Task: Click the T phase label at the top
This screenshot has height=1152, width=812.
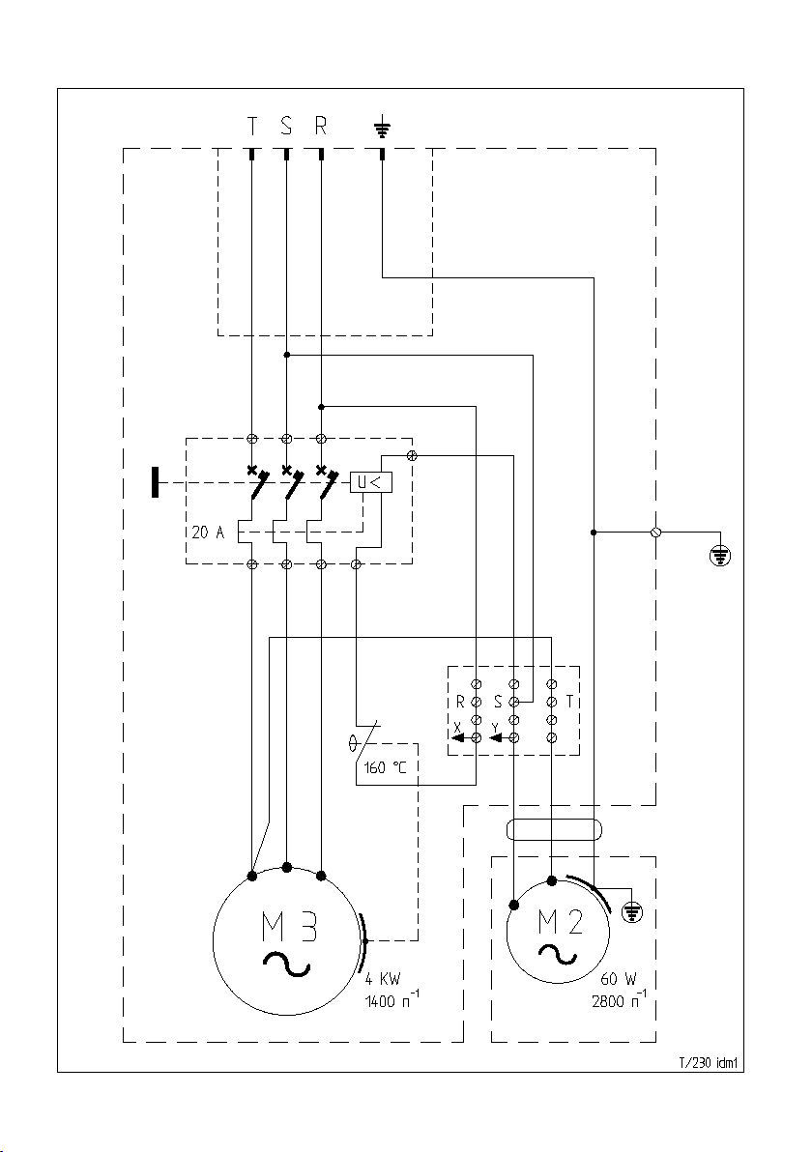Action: pos(251,128)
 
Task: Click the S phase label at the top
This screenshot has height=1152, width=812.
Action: pos(286,128)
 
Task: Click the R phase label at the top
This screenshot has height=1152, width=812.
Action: pos(320,128)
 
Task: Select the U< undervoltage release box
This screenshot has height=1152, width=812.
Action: pos(371,482)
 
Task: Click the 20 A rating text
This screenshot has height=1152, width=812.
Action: pos(208,532)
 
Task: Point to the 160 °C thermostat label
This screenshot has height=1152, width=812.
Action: pos(385,768)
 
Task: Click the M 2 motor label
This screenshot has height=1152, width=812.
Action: pos(560,921)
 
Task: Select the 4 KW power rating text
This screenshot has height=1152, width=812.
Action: pos(384,979)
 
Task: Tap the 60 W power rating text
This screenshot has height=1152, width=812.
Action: pos(619,979)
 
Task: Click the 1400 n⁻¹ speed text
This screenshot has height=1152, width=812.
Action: pos(392,1000)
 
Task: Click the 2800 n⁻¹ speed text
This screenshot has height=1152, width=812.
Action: pos(619,1000)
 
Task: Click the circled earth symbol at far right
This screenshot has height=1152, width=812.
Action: pos(720,556)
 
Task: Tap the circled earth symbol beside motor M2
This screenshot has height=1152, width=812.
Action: pos(631,913)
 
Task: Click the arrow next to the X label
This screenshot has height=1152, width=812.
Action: pos(461,737)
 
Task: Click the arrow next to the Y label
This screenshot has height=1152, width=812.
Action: pos(501,737)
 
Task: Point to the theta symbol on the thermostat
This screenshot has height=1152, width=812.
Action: pos(354,743)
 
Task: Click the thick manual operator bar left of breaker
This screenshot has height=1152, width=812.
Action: pos(155,482)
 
